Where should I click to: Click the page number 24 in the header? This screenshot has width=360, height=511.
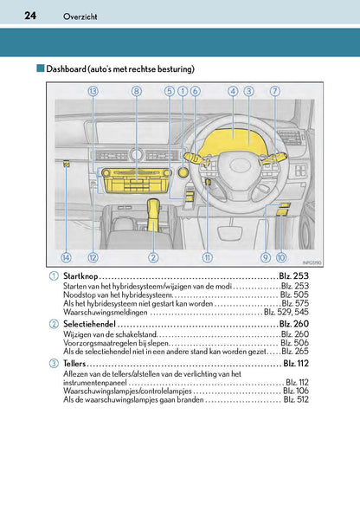coord(30,16)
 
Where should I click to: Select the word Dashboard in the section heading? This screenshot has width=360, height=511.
coord(70,68)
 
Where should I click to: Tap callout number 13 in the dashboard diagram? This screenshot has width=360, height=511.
coord(93,91)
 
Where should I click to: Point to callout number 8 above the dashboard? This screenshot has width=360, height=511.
coord(136,91)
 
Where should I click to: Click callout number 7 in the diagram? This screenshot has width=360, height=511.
coord(274,91)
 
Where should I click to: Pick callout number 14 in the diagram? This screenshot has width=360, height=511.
coord(66,257)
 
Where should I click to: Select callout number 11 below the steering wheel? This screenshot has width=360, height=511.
coord(207,257)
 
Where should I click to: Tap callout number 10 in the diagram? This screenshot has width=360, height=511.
coord(281,257)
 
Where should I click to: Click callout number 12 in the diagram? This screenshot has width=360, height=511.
coord(93,257)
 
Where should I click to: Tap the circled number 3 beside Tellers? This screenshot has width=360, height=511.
coord(55,363)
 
